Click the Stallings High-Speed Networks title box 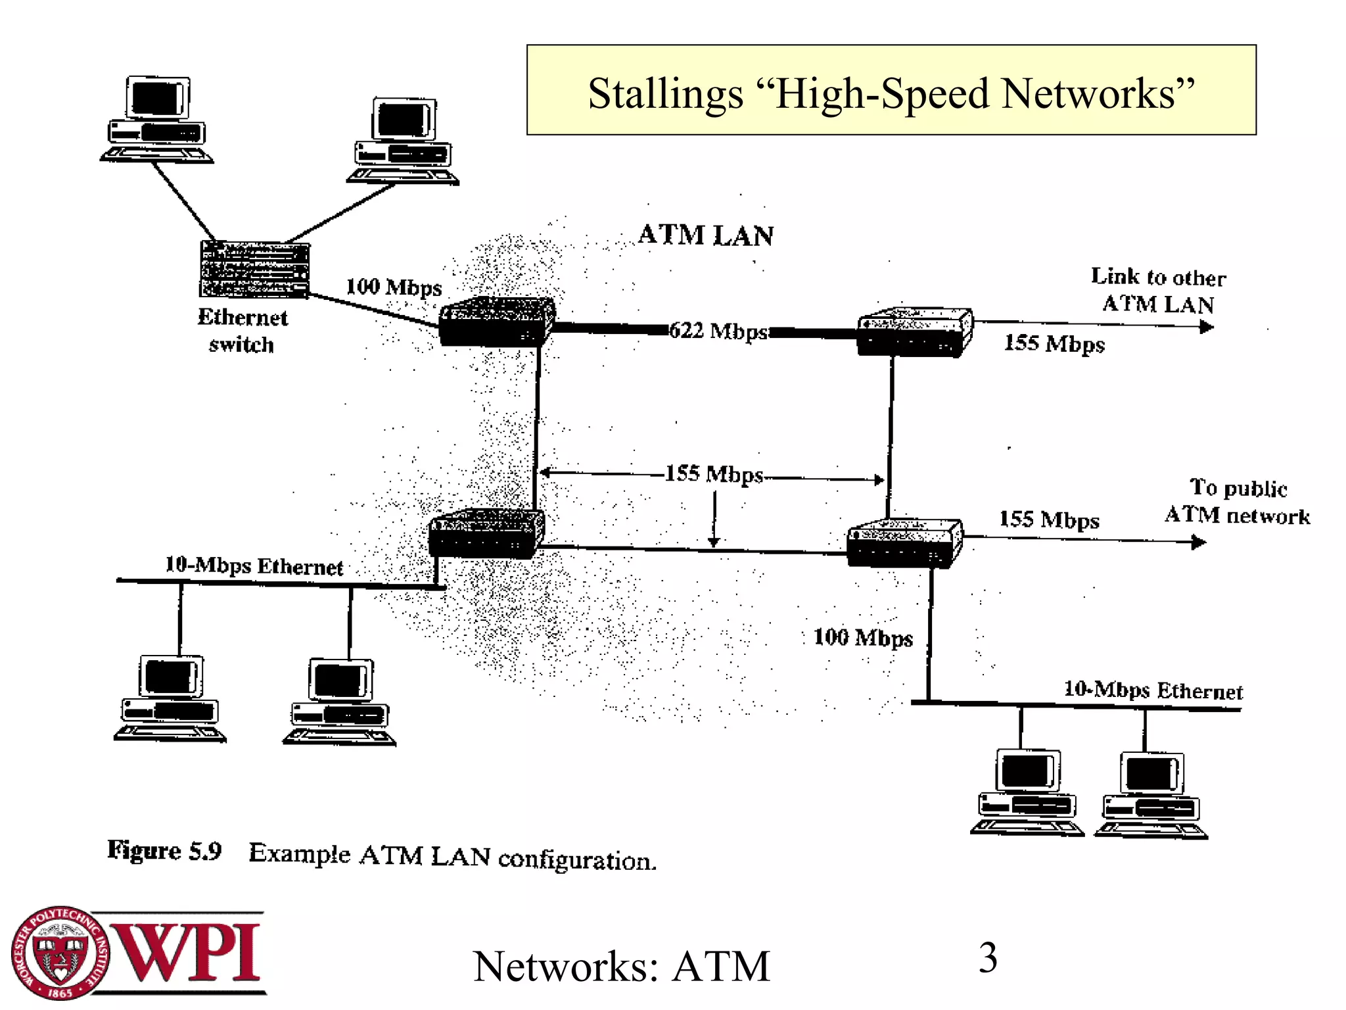pos(891,91)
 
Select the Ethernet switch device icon pos(254,269)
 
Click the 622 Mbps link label pos(718,331)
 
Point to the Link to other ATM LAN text pos(1158,291)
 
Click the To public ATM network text pos(1237,502)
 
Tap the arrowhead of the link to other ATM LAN pos(1206,327)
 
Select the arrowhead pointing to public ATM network pos(1199,542)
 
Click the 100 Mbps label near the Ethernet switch pos(394,287)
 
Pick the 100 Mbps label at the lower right pos(863,637)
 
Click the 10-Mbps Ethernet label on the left pos(254,565)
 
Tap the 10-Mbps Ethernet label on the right pos(1153,690)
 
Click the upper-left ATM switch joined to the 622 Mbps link pos(496,322)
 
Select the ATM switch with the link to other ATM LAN pos(914,333)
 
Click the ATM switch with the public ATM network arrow pos(904,543)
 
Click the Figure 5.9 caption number pos(164,851)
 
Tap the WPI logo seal pos(60,953)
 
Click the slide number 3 pos(988,958)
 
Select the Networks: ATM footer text pos(621,967)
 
